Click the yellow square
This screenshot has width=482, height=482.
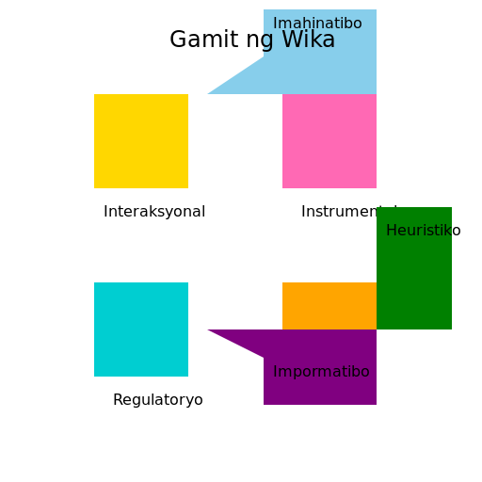[x=141, y=141]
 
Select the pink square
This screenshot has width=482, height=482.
[x=329, y=141]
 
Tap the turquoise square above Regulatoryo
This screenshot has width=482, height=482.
[x=141, y=329]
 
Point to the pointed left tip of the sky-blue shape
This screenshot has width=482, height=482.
[x=209, y=93]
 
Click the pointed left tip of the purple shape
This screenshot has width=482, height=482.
[x=209, y=330]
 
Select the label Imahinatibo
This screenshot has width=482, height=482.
[x=317, y=24]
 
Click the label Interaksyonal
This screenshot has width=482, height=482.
[x=154, y=212]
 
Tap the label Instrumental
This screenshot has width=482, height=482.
[x=339, y=212]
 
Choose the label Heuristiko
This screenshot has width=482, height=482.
[x=424, y=231]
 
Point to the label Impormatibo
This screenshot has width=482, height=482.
[x=321, y=372]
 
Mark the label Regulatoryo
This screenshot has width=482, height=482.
[x=158, y=400]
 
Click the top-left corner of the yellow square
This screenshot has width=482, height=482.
[x=94, y=94]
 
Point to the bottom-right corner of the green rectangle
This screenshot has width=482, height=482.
[x=451, y=329]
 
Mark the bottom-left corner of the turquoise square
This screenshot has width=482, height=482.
[x=94, y=376]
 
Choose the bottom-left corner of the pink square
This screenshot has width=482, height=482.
[x=282, y=187]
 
